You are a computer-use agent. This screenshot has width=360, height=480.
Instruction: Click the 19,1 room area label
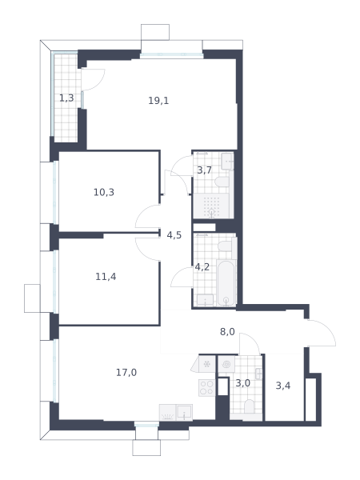click(x=158, y=101)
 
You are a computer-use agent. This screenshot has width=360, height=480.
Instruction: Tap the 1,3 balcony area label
click(x=66, y=98)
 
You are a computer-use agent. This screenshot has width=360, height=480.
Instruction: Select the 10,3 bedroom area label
click(x=104, y=192)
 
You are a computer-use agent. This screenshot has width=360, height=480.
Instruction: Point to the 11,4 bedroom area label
click(x=106, y=277)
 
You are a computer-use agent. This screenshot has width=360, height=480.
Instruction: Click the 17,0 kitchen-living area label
click(x=126, y=373)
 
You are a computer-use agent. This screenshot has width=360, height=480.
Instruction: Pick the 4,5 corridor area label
click(x=174, y=235)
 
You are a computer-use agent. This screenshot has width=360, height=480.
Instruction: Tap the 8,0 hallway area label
click(x=227, y=331)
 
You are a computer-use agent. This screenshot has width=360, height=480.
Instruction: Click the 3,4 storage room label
click(x=283, y=386)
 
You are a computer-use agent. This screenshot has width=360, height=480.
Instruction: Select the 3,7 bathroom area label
click(x=204, y=170)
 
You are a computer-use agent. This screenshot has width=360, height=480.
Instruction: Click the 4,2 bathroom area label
click(x=202, y=267)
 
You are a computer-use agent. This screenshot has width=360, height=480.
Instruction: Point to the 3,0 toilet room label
click(x=243, y=383)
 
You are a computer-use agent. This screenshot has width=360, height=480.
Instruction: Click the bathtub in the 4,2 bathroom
click(x=226, y=282)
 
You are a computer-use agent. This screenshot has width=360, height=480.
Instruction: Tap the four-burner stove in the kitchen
click(x=206, y=388)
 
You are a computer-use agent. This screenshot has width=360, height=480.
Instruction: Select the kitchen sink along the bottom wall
click(x=184, y=412)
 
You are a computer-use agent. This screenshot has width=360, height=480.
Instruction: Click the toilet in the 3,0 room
click(x=250, y=406)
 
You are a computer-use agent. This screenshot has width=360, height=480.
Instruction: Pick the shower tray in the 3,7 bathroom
click(x=211, y=206)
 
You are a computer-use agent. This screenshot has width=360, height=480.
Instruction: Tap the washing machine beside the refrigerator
click(x=226, y=364)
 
